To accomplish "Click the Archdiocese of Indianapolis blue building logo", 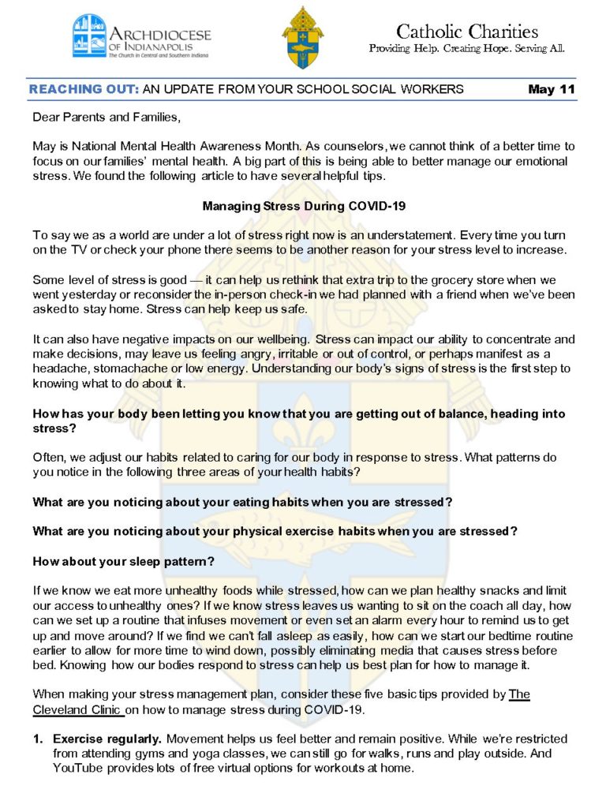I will (x=88, y=36).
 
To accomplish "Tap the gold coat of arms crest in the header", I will (x=302, y=36).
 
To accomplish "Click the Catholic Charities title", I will (x=467, y=32).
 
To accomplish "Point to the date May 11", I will (x=552, y=89).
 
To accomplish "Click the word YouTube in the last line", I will (x=80, y=768).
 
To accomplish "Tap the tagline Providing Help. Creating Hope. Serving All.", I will (x=467, y=49).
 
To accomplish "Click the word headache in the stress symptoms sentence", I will (x=60, y=369).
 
